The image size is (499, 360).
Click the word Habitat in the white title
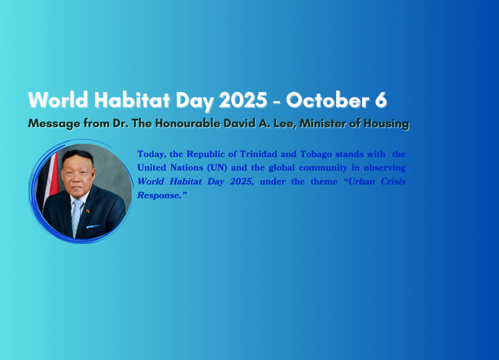pyautogui.click(x=132, y=100)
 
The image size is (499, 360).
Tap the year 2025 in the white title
pyautogui.click(x=243, y=100)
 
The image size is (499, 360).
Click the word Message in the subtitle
pyautogui.click(x=54, y=124)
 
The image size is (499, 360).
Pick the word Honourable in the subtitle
pyautogui.click(x=188, y=123)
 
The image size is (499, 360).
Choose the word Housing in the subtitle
pyautogui.click(x=386, y=124)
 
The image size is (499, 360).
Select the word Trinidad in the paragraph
pyautogui.click(x=258, y=154)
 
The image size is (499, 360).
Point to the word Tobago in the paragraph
pyautogui.click(x=316, y=154)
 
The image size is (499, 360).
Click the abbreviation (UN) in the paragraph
pyautogui.click(x=217, y=168)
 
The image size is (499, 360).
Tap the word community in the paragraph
pyautogui.click(x=323, y=168)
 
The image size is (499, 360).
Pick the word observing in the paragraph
pyautogui.click(x=385, y=168)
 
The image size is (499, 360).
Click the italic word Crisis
pyautogui.click(x=393, y=182)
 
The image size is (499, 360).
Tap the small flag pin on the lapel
pyautogui.click(x=88, y=211)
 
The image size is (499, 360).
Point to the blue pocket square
pyautogui.click(x=93, y=227)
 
